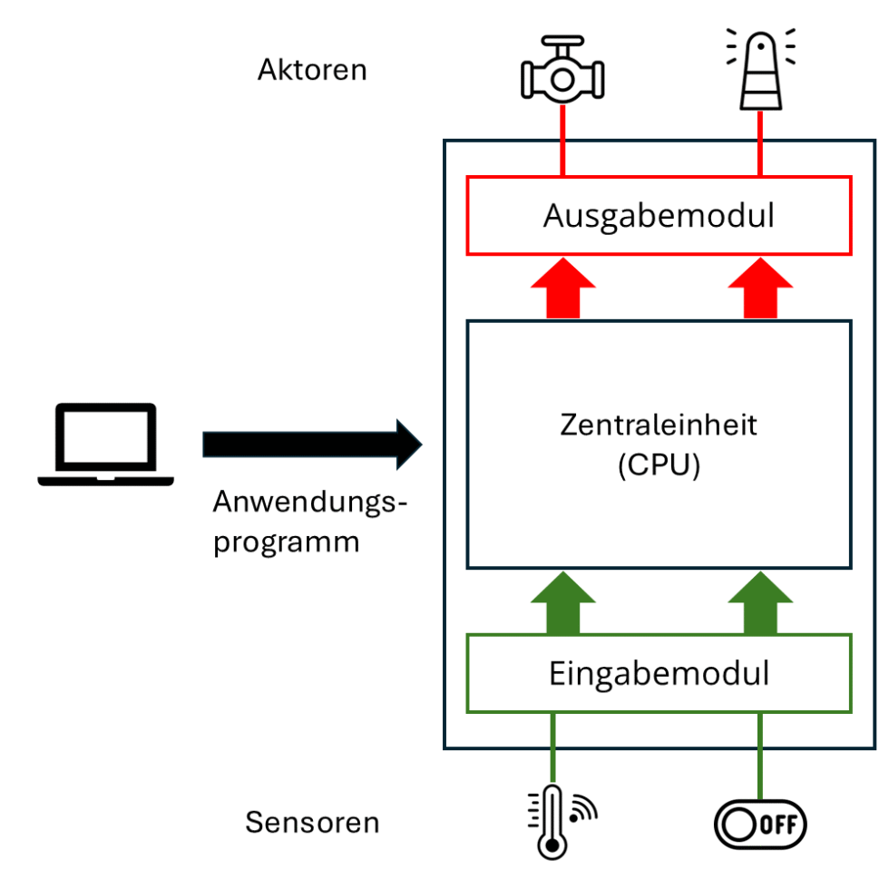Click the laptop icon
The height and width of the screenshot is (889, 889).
(x=105, y=444)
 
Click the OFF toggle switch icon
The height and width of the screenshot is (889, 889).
(x=760, y=824)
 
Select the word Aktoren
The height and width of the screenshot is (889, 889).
(x=312, y=70)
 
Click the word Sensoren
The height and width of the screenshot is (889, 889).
(x=312, y=823)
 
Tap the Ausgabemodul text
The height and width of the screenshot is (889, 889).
(x=659, y=216)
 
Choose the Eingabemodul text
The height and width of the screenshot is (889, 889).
(x=659, y=673)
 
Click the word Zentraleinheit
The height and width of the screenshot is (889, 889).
(x=659, y=425)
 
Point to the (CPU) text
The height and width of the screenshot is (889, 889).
(x=659, y=467)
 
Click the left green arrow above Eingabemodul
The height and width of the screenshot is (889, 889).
(x=562, y=602)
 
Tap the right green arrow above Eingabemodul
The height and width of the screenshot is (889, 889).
(x=759, y=602)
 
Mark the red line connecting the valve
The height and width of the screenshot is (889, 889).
(x=562, y=140)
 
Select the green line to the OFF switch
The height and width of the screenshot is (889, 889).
(x=759, y=753)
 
